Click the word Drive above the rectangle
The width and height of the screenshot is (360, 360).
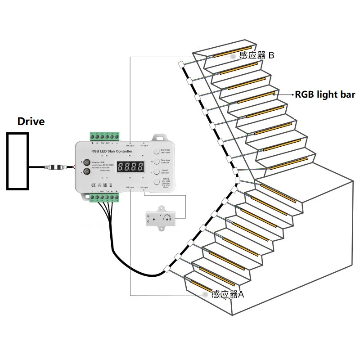(x=31, y=121)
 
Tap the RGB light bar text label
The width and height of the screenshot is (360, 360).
(x=325, y=94)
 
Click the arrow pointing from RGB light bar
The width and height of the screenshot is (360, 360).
(x=285, y=94)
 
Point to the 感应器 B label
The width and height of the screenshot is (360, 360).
(x=257, y=55)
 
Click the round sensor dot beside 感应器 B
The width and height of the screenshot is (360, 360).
(x=233, y=57)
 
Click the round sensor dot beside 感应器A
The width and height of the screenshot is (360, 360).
(x=205, y=294)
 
